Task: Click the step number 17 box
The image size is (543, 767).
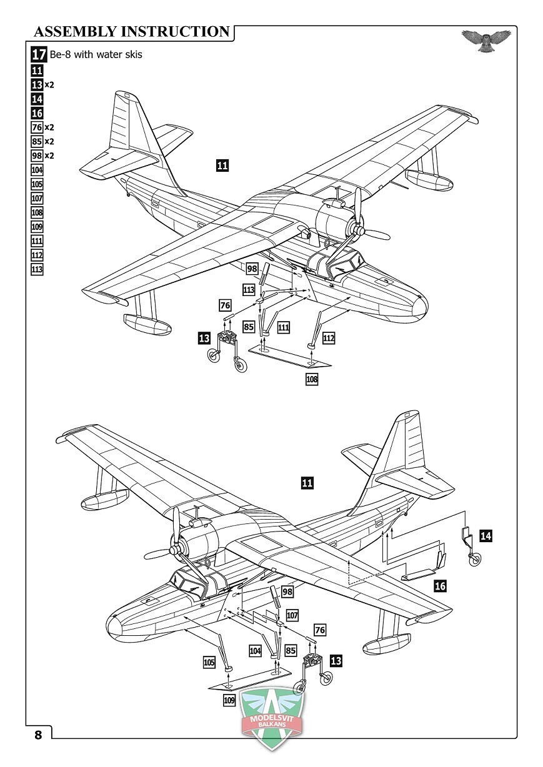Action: [x=39, y=54]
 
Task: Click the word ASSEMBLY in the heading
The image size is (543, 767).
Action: [x=76, y=31]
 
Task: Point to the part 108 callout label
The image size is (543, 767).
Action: [x=312, y=379]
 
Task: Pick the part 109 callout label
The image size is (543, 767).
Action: [x=229, y=700]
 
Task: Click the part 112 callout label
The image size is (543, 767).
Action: [x=329, y=339]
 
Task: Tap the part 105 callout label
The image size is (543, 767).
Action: [x=209, y=662]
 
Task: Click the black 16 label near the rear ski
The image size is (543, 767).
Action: [x=441, y=586]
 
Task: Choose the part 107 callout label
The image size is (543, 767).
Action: [x=292, y=615]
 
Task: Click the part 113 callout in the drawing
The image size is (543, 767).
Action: [x=249, y=290]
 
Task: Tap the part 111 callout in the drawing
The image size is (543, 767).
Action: [x=283, y=328]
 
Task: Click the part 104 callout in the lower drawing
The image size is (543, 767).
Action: [x=255, y=651]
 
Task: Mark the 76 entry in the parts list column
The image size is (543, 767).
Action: [x=37, y=127]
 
